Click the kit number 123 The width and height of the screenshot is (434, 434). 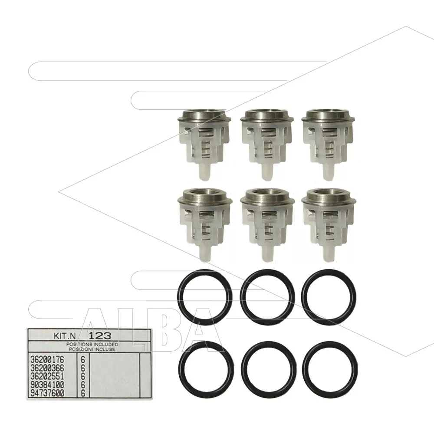(x=100, y=336)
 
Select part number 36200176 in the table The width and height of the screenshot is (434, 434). (x=47, y=360)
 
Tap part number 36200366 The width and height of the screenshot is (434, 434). (x=47, y=368)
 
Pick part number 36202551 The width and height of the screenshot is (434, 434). (x=47, y=376)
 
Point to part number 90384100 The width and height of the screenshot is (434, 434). (x=47, y=385)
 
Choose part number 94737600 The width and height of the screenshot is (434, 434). (x=47, y=393)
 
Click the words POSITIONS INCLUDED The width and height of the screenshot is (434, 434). (x=92, y=345)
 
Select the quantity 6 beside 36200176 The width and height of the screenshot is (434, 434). (x=83, y=360)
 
